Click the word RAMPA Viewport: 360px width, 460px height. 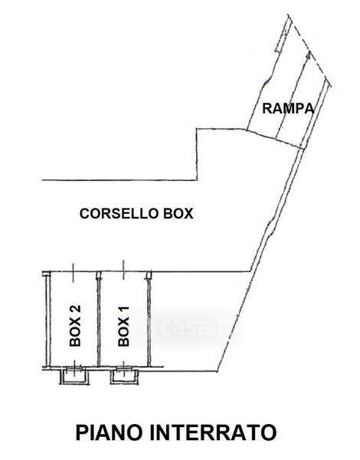tap(288, 109)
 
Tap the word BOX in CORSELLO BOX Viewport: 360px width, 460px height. tap(178, 213)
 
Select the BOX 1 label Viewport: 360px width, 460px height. tap(123, 327)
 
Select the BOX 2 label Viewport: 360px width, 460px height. tap(75, 326)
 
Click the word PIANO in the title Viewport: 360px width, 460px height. tap(110, 432)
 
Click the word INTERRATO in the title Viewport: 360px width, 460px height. tap(214, 432)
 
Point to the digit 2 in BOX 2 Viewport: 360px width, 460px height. tap(75, 310)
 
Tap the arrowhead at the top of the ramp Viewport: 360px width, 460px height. tap(308, 55)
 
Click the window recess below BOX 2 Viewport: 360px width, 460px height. tap(74, 376)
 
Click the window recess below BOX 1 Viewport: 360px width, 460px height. tap(124, 376)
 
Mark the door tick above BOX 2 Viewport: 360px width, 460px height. tap(73, 272)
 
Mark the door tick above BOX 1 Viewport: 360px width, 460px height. tap(123, 270)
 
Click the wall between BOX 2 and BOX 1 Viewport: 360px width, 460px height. tap(99, 319)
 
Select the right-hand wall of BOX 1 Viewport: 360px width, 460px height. tap(149, 319)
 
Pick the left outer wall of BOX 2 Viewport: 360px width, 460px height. tap(47, 320)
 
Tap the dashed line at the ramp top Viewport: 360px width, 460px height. tap(309, 51)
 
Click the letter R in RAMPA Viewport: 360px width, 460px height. tap(267, 109)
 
